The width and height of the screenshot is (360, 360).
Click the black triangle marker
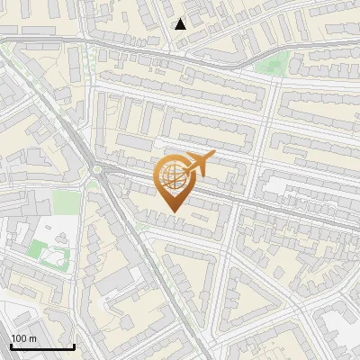point(181,23)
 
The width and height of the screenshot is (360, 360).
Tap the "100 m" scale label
point(23,338)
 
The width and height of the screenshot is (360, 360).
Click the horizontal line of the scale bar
point(42,347)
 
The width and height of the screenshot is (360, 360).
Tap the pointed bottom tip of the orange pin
point(174,211)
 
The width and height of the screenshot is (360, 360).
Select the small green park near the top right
point(272,63)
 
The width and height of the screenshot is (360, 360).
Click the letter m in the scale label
point(31,338)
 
